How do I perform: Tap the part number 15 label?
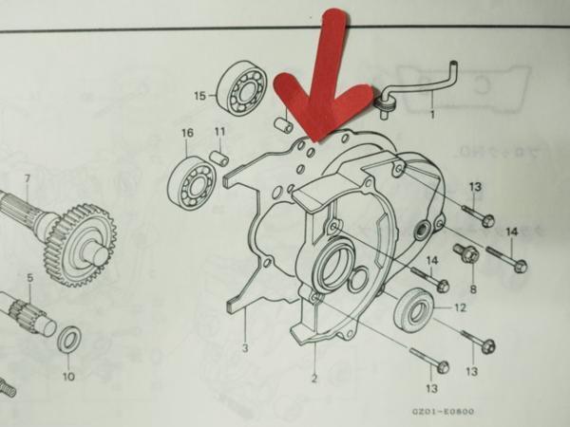[x=199, y=96]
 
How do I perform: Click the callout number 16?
[x=186, y=133]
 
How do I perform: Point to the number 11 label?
[x=219, y=132]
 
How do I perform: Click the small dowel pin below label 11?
[x=219, y=157]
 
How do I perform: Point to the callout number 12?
[x=459, y=307]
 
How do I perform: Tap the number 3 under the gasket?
[x=245, y=347]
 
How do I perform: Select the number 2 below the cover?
[x=313, y=380]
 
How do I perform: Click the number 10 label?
[x=68, y=376]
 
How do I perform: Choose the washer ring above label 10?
[x=69, y=340]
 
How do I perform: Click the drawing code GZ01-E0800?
[x=443, y=411]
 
